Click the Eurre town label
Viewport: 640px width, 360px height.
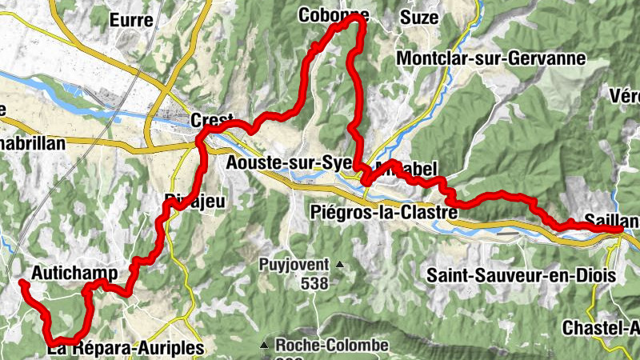(132, 20)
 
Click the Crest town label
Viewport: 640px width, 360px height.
(210, 121)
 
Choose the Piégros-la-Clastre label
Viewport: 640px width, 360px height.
(382, 214)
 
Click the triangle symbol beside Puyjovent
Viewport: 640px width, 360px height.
(339, 264)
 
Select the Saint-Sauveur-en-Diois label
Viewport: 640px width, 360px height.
(520, 275)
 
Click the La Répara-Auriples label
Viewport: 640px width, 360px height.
(126, 349)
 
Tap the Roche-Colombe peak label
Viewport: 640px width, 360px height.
(331, 346)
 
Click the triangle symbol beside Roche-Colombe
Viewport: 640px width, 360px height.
(265, 346)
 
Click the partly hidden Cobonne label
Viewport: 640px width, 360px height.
(334, 14)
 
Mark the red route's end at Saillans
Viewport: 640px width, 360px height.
(620, 230)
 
